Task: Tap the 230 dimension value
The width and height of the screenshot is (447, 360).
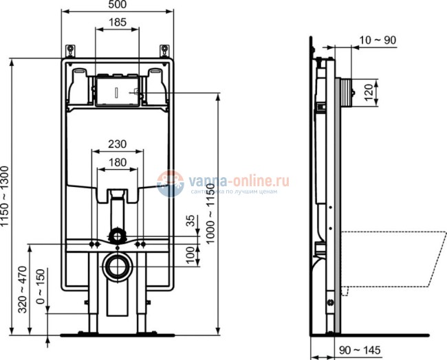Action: point(117,144)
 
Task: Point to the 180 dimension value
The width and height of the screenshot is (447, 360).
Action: point(117,162)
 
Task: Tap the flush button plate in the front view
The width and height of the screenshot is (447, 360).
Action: point(117,90)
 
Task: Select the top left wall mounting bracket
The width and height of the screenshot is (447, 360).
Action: point(70,51)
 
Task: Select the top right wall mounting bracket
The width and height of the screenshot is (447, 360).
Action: point(164,51)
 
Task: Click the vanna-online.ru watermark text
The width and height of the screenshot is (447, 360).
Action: point(233,180)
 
